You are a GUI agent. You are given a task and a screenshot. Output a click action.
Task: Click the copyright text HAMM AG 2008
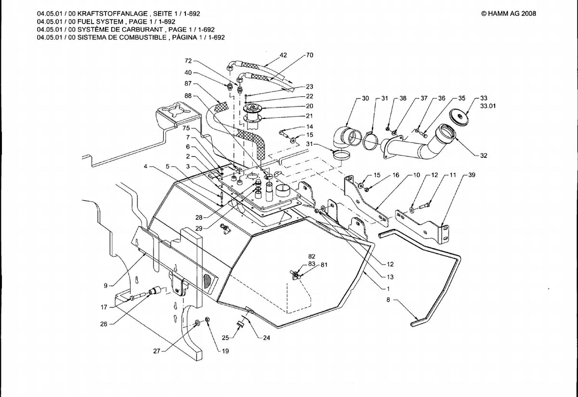point(509,13)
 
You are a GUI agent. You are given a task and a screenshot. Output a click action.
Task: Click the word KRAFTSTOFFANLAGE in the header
point(113,13)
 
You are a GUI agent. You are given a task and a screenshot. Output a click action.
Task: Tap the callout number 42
point(283,55)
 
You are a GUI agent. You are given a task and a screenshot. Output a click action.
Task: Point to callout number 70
point(309,55)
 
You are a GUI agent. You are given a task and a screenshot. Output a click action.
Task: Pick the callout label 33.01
point(488,106)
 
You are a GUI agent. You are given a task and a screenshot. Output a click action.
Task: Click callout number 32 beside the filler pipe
point(484,156)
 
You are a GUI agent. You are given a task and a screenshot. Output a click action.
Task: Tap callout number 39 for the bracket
point(472,175)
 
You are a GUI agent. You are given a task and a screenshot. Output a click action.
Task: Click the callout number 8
point(388,300)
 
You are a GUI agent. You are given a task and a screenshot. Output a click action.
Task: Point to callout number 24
point(266,338)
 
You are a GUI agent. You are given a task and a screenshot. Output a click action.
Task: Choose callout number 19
point(225,351)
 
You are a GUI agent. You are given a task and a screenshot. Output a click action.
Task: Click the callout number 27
point(157,351)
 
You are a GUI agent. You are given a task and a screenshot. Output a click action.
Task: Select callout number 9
point(105,286)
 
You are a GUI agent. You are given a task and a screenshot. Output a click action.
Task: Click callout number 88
point(188,96)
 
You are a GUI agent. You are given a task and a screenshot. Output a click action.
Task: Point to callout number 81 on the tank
point(324,265)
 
